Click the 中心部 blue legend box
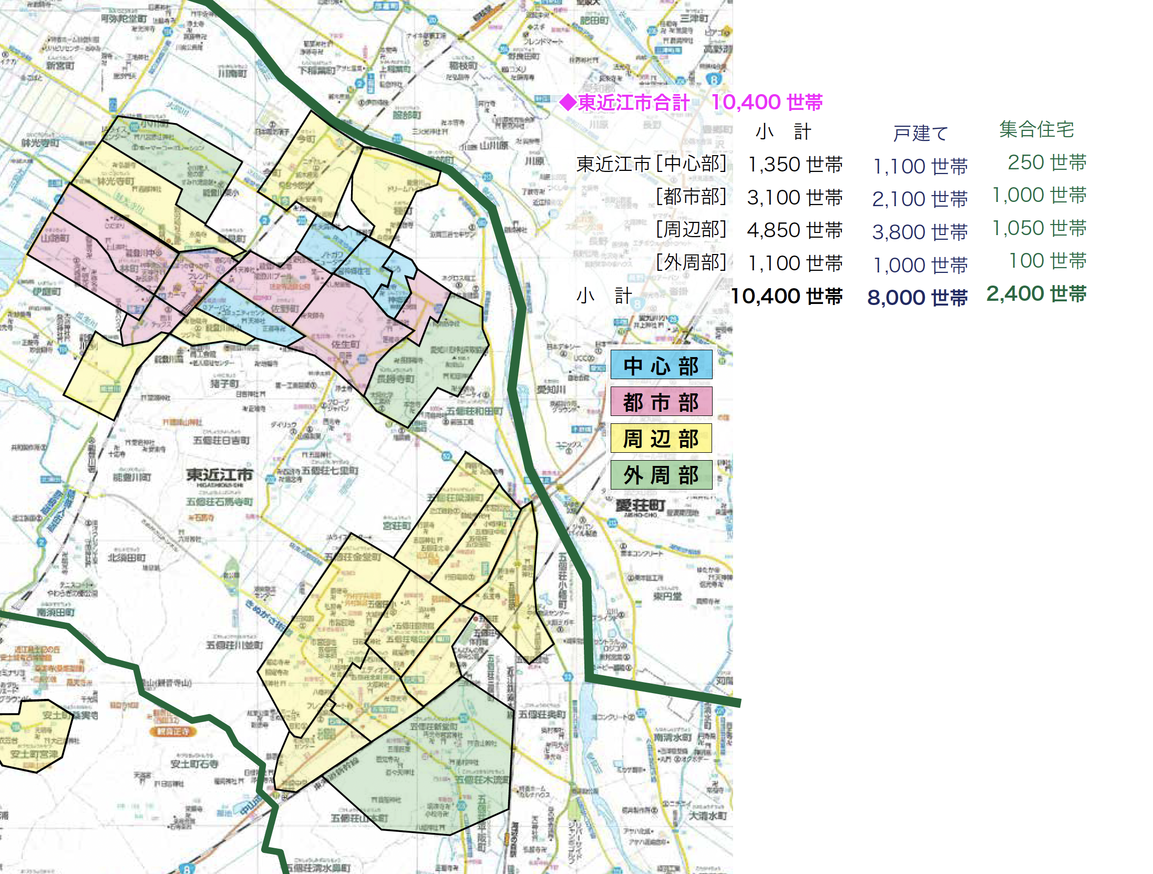click(x=661, y=365)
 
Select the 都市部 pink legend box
click(x=661, y=402)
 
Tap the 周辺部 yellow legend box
click(x=661, y=439)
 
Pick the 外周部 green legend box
click(x=661, y=475)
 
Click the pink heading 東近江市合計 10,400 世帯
click(x=691, y=102)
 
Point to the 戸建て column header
click(x=920, y=133)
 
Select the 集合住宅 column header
click(x=1036, y=129)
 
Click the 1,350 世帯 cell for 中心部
click(x=795, y=165)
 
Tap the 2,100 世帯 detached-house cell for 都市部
click(x=920, y=199)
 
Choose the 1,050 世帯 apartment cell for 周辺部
click(x=1039, y=228)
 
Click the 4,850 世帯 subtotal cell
click(x=795, y=230)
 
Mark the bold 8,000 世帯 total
click(x=917, y=297)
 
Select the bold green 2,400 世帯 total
click(x=1036, y=294)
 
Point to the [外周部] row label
click(x=691, y=262)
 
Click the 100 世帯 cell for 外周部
click(x=1047, y=261)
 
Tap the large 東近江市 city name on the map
click(x=220, y=475)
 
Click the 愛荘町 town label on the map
click(x=640, y=506)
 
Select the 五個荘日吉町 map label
click(x=221, y=440)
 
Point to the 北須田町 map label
click(x=127, y=557)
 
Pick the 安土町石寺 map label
click(x=194, y=764)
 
